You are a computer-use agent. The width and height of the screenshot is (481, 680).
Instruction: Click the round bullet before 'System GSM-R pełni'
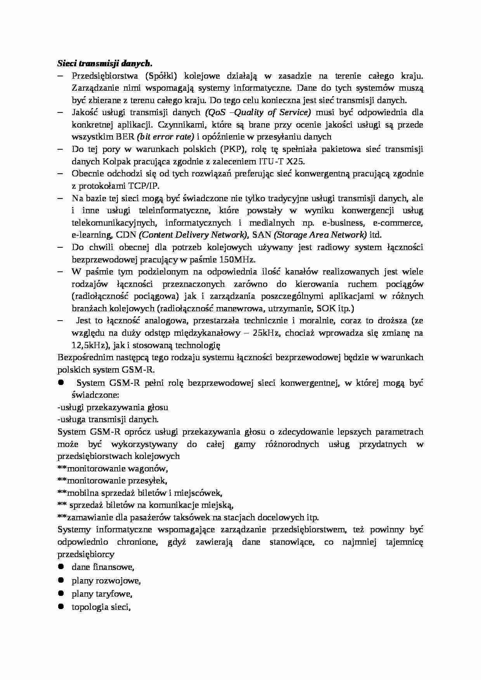point(61,382)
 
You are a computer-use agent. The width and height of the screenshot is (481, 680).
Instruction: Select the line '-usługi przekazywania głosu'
point(112,407)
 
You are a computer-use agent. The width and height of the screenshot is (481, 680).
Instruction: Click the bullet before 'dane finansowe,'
point(61,566)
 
